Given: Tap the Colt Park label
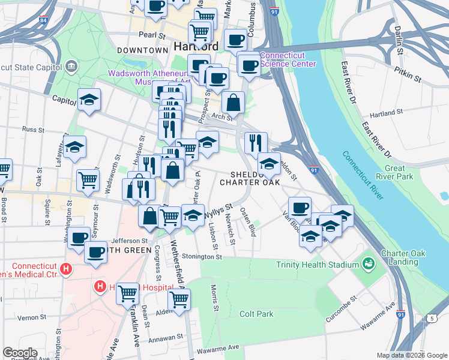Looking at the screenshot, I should pos(256,314).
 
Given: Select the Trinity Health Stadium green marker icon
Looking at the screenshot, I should pos(368,264).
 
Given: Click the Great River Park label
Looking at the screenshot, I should pos(399,173).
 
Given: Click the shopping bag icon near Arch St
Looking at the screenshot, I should pos(233,103).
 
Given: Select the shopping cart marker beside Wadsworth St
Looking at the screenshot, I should pos(88,179).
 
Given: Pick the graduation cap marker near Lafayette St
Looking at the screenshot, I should pos(75,147).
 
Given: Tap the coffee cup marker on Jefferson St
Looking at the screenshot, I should pos(78,238).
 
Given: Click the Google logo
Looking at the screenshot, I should pos(20,353).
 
